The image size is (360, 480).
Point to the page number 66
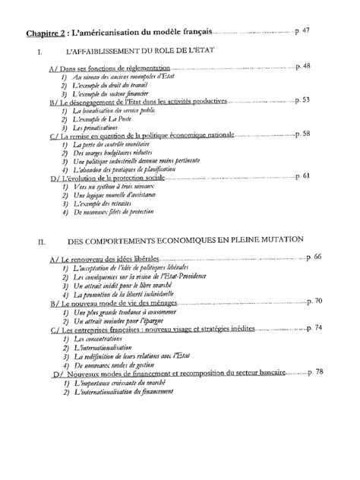[317, 257]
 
